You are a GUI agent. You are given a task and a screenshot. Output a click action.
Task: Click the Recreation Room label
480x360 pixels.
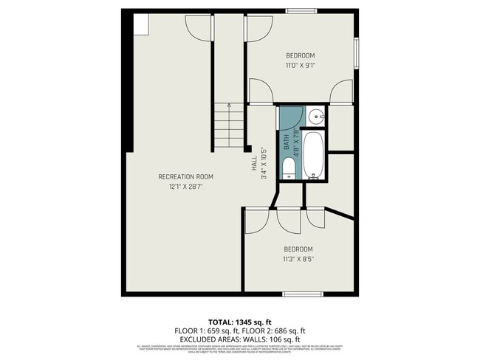pos(185,176)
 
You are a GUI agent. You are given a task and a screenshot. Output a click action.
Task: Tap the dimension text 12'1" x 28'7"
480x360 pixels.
pos(185,187)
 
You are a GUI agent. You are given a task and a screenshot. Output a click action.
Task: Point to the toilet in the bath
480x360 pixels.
pos(287,173)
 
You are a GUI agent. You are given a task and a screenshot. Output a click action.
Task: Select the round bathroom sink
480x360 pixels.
pos(315,116)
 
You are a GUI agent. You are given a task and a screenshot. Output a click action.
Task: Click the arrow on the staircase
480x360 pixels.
pos(229,108)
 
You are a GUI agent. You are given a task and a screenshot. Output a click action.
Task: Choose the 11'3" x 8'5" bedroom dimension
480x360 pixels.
pos(299,259)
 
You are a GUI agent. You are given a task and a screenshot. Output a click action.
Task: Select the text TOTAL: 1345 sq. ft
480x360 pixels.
pos(240,322)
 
